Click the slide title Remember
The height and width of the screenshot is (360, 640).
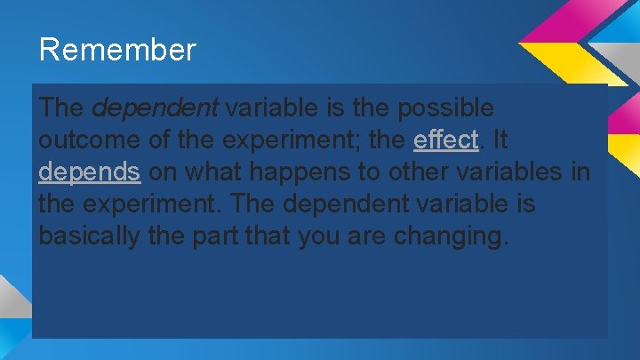pyautogui.click(x=116, y=50)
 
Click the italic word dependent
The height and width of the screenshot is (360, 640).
pyautogui.click(x=156, y=108)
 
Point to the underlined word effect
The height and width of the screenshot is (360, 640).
pyautogui.click(x=445, y=140)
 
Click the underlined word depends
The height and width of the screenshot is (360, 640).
pyautogui.click(x=90, y=172)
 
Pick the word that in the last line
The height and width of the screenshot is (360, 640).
pyautogui.click(x=279, y=236)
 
